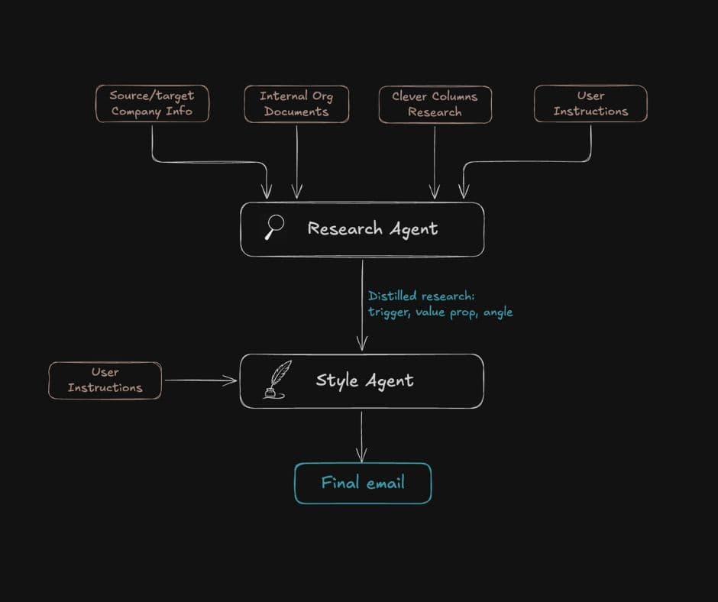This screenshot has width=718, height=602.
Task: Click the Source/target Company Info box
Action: pyautogui.click(x=151, y=104)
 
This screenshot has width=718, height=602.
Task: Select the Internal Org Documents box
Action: pyautogui.click(x=296, y=104)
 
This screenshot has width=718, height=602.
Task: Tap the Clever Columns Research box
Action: pyautogui.click(x=435, y=104)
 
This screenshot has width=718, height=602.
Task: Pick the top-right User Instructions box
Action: pyautogui.click(x=590, y=104)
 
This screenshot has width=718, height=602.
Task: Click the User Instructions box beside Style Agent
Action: pyautogui.click(x=105, y=380)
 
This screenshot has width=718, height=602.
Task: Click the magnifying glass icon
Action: pyautogui.click(x=273, y=227)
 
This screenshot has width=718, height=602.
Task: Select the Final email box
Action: pyautogui.click(x=363, y=483)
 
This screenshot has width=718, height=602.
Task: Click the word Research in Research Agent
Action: pyautogui.click(x=344, y=228)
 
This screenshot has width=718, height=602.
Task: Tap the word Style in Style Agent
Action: pyautogui.click(x=337, y=381)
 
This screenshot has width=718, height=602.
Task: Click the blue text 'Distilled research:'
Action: pyautogui.click(x=421, y=296)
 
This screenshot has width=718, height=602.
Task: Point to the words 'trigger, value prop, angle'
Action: pyautogui.click(x=440, y=312)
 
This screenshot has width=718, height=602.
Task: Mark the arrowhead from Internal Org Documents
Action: pyautogui.click(x=298, y=193)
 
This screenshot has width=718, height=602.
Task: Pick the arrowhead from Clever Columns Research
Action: pyautogui.click(x=435, y=193)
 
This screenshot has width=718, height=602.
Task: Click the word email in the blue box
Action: pyautogui.click(x=385, y=483)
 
